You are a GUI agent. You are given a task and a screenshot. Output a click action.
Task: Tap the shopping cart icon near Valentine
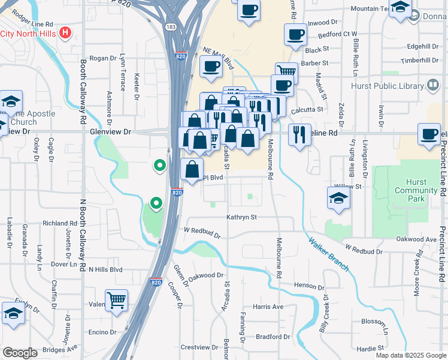point(116,299)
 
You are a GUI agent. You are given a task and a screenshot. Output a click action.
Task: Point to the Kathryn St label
point(241,217)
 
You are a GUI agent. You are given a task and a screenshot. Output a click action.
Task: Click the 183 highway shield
point(171,27)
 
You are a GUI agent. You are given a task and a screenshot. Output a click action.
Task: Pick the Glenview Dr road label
point(110,131)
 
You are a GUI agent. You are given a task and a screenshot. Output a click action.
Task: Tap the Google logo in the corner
point(20,352)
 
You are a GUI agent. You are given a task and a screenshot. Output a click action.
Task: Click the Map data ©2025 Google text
point(410,355)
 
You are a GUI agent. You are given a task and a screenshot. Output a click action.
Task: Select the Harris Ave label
point(268,307)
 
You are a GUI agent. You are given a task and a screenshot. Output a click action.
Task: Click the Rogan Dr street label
point(102,58)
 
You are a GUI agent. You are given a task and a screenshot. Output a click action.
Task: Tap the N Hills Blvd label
point(105,269)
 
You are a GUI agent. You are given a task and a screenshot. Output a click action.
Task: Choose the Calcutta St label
point(307,109)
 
